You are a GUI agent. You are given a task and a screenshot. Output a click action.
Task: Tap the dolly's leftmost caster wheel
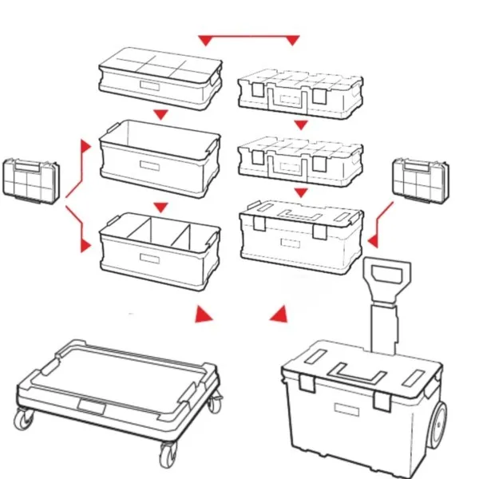(x=24, y=418)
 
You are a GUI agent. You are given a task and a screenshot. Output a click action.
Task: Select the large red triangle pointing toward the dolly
(x=205, y=314)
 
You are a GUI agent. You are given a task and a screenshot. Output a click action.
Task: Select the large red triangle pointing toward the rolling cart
(x=279, y=315)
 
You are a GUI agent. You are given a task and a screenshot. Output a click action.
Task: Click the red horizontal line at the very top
(x=248, y=37)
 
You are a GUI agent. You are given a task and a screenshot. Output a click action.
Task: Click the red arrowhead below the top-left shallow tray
(x=160, y=115)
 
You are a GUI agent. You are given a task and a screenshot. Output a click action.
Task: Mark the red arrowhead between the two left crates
(x=160, y=207)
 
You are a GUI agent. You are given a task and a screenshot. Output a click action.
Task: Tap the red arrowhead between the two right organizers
(x=301, y=125)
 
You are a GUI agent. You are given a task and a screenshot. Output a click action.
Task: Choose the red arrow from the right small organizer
(x=378, y=225)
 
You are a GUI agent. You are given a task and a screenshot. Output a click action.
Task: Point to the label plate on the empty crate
(x=148, y=164)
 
